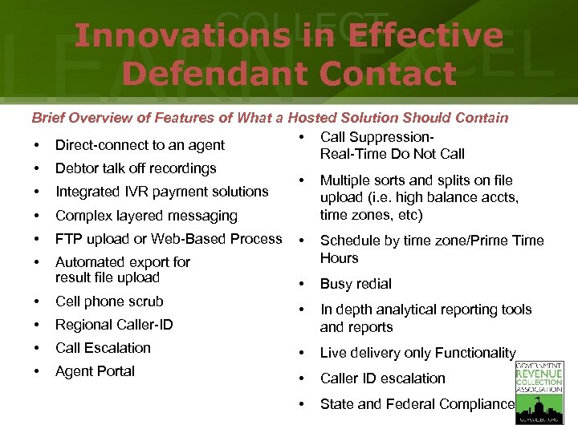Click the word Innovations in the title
click(x=181, y=36)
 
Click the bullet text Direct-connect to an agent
click(x=140, y=145)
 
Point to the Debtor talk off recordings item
click(x=136, y=168)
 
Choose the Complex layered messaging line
click(x=146, y=216)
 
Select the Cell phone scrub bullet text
click(x=109, y=301)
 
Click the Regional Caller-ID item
click(x=114, y=325)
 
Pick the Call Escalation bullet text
click(x=103, y=348)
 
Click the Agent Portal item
click(x=95, y=371)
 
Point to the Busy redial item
click(x=356, y=284)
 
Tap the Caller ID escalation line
click(x=382, y=378)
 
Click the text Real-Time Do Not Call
click(x=393, y=154)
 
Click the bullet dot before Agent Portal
click(x=37, y=371)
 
